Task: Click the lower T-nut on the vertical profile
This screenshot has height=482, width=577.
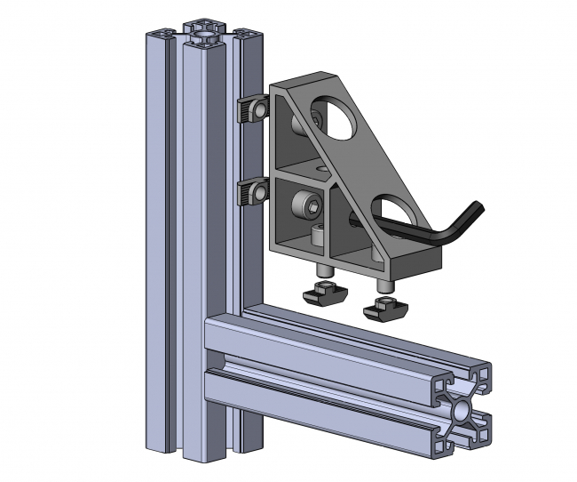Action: tap(255, 191)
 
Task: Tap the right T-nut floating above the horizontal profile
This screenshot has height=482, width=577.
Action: tap(383, 309)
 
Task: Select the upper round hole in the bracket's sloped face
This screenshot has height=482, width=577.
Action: tap(335, 118)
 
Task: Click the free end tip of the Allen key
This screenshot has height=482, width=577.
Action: tap(355, 216)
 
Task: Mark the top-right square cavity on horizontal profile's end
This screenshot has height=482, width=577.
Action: tap(480, 377)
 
